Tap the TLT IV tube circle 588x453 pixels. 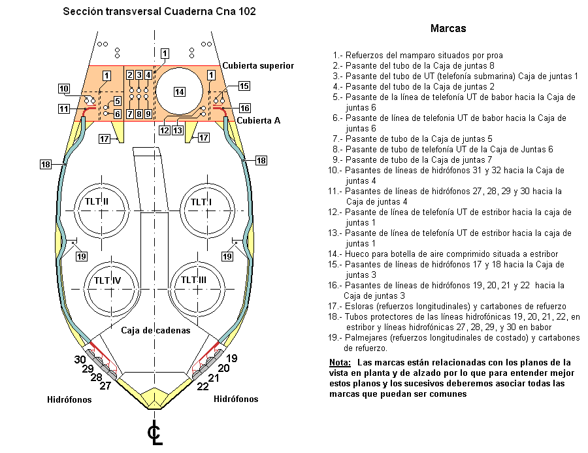click(x=112, y=281)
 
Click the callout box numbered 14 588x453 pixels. click(x=178, y=91)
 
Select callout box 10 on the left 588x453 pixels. click(x=63, y=89)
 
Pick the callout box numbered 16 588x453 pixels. click(x=244, y=108)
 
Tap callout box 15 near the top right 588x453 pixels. click(x=244, y=86)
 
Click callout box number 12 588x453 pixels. click(x=165, y=130)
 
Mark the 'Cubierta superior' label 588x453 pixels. click(x=258, y=65)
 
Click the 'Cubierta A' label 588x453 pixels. click(x=259, y=120)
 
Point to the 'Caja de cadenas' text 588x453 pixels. click(x=155, y=330)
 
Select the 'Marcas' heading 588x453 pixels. click(x=448, y=29)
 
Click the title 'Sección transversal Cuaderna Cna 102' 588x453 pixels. click(x=159, y=12)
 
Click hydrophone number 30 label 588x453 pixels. click(x=80, y=360)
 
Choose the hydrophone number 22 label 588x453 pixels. click(x=203, y=386)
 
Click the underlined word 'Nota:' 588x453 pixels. click(x=341, y=362)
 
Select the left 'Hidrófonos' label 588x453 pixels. click(x=69, y=399)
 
